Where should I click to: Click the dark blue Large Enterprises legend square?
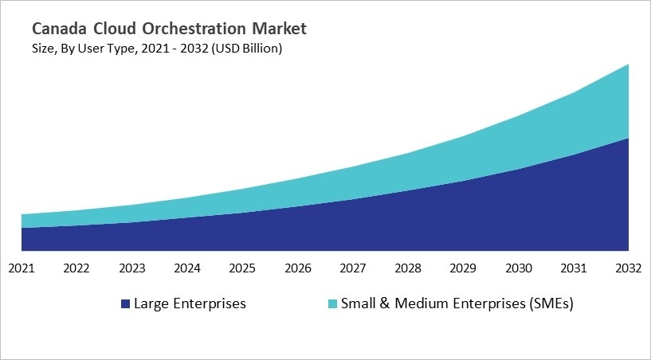coord(125,304)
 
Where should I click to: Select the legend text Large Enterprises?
coord(190,303)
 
